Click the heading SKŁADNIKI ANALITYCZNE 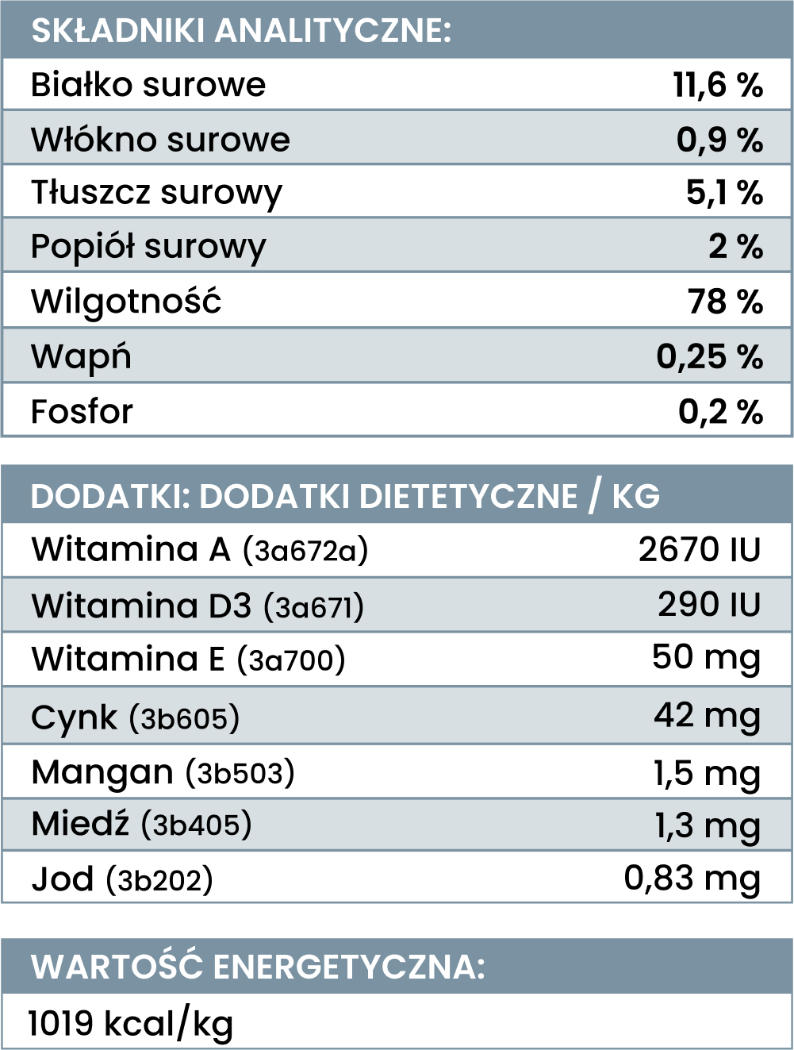[x=240, y=31]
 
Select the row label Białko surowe [x=148, y=85]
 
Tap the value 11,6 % [x=718, y=85]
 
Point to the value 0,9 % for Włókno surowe [x=719, y=140]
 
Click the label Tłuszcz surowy [x=156, y=193]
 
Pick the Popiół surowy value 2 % [x=735, y=247]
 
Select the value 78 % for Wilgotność [x=725, y=302]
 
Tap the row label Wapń [x=81, y=356]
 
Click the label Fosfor [x=82, y=411]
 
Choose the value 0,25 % [x=709, y=356]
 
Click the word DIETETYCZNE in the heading [x=468, y=496]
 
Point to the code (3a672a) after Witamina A [x=305, y=550]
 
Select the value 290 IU [x=708, y=605]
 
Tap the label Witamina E [x=128, y=660]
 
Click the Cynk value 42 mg [x=707, y=715]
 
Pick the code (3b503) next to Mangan [x=240, y=772]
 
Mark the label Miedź [x=80, y=824]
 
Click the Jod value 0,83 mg [x=692, y=878]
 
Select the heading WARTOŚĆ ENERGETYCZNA [x=258, y=967]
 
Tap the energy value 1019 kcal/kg [x=131, y=1023]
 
